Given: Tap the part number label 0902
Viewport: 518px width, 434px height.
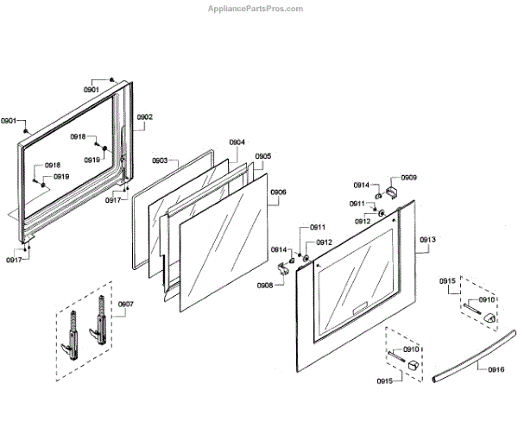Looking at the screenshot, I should pyautogui.click(x=144, y=116).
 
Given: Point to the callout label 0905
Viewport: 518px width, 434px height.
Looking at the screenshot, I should pyautogui.click(x=263, y=156).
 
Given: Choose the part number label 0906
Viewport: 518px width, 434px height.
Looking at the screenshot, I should pyautogui.click(x=278, y=192).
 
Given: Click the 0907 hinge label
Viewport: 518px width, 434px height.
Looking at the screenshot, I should pyautogui.click(x=125, y=304).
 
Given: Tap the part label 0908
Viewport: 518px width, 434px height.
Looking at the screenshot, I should pyautogui.click(x=265, y=285).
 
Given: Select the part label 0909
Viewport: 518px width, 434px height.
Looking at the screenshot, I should pyautogui.click(x=408, y=178).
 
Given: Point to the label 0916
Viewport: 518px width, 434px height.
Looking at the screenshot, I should pyautogui.click(x=496, y=369).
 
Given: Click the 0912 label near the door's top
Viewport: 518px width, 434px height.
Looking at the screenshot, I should pyautogui.click(x=363, y=222).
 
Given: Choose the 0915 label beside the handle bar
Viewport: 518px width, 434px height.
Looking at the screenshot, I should pyautogui.click(x=447, y=281).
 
